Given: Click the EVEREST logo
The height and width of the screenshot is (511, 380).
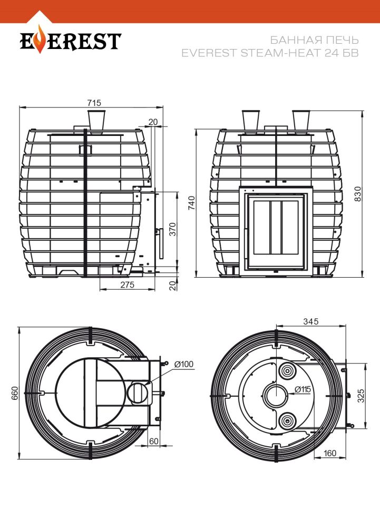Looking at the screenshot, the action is pos(71,40).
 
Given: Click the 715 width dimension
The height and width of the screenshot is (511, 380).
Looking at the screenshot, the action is pos(94,103).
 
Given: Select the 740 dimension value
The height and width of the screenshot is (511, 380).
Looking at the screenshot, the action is pos(192,203).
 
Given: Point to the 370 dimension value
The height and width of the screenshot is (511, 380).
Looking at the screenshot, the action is pos(173,229).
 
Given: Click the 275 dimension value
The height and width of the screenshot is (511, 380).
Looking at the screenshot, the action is pos(127,285).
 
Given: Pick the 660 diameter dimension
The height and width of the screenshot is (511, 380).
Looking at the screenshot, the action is pos(15,393).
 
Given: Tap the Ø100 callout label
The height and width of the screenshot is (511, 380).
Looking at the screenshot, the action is pos(183,364).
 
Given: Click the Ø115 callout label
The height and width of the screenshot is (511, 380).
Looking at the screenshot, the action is pos(303,389).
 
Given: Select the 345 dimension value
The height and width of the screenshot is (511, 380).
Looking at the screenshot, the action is pos(310,321).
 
